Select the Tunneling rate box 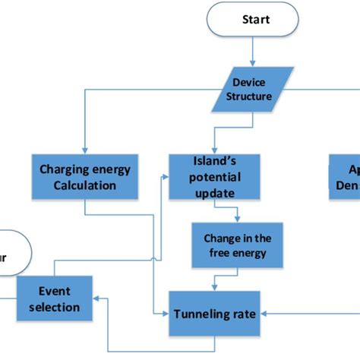click(214, 313)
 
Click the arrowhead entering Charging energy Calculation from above click(84, 150)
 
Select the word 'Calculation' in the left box click(84, 185)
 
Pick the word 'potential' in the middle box click(214, 177)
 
